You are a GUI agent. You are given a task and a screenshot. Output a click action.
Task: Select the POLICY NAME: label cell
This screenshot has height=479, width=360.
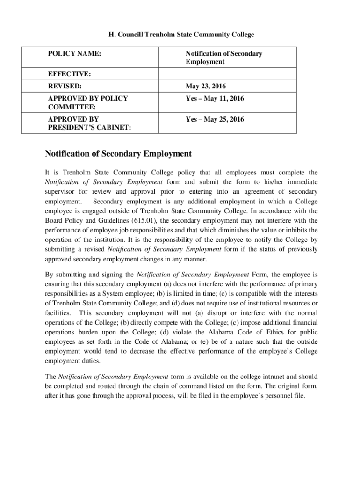coord(75,54)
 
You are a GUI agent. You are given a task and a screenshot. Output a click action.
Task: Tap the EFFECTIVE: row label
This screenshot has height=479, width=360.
coord(69,74)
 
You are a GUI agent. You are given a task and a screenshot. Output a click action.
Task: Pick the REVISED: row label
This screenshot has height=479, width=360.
coord(65,87)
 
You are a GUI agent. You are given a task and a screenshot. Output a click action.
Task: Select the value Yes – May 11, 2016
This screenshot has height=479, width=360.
coord(215,99)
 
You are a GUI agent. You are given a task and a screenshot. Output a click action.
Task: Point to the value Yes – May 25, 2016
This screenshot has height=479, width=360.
coord(215,119)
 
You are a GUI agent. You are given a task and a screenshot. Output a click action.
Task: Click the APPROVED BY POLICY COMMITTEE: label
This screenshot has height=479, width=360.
coord(88,103)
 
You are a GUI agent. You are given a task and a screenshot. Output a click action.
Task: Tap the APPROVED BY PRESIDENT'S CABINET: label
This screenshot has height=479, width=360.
coord(89,123)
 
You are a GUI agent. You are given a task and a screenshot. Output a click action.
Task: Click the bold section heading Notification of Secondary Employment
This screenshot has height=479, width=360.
coord(118,154)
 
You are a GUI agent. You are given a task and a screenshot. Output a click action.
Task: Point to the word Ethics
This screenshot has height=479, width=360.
coord(267,333)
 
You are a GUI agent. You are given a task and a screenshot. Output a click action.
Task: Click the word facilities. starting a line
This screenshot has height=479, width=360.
coord(58,313)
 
